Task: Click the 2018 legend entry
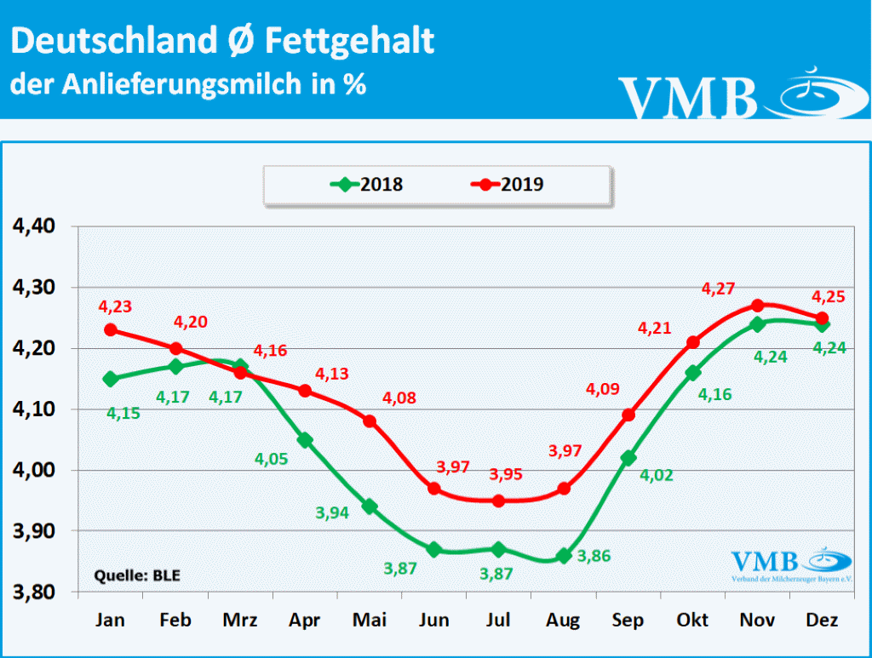pyautogui.click(x=367, y=184)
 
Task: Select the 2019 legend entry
pyautogui.click(x=508, y=184)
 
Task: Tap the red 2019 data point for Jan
pyautogui.click(x=111, y=330)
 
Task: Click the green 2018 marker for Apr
pyautogui.click(x=305, y=440)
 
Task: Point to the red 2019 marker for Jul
pyautogui.click(x=499, y=501)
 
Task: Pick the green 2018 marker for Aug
pyautogui.click(x=564, y=556)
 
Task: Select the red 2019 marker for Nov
pyautogui.click(x=758, y=306)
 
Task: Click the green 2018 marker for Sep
pyautogui.click(x=628, y=458)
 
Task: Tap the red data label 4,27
pyautogui.click(x=717, y=289)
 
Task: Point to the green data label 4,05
pyautogui.click(x=271, y=459)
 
